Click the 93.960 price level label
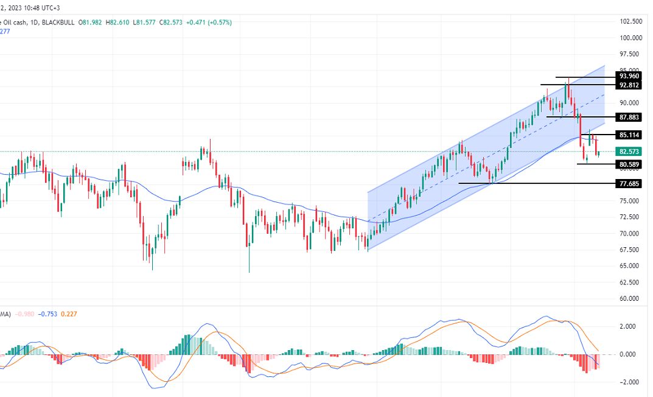point(629,76)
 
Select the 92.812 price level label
point(629,86)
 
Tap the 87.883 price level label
point(629,117)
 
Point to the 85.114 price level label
point(629,135)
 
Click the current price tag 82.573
point(629,152)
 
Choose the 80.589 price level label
point(629,164)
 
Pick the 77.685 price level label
point(629,183)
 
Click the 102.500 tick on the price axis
point(630,21)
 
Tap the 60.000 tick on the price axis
point(630,299)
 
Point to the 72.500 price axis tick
point(630,217)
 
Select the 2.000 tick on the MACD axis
point(627,327)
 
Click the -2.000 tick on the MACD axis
point(627,382)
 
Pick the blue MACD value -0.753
point(47,314)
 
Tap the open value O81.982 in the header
point(92,23)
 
